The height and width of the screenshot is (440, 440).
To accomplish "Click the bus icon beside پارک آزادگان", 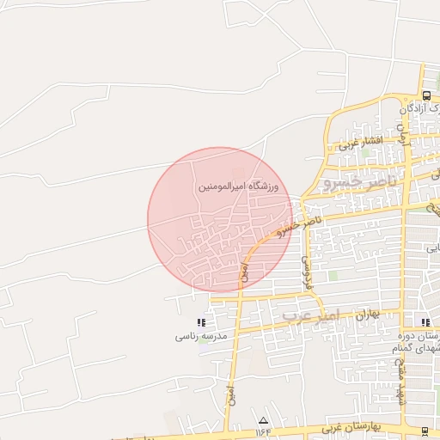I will (x=426, y=95).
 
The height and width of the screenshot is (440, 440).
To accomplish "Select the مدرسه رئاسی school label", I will (x=200, y=337).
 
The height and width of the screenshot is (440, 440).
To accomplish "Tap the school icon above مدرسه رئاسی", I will (x=201, y=322).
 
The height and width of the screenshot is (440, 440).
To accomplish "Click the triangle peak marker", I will (x=263, y=419).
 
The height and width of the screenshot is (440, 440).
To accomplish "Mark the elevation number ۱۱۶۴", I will (x=263, y=431).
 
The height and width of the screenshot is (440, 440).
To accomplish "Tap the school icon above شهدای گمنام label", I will (x=427, y=322).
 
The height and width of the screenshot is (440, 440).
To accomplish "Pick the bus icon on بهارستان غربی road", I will (x=426, y=430).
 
